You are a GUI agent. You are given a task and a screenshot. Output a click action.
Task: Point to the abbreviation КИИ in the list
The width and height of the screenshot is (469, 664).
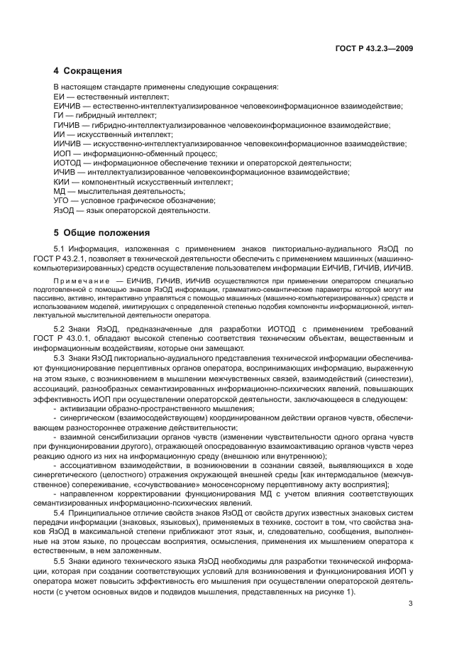click(x=61, y=183)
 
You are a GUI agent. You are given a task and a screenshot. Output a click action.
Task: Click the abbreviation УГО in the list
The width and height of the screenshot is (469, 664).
click(x=62, y=202)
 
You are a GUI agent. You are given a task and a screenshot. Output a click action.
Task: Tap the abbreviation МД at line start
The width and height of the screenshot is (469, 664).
click(x=60, y=192)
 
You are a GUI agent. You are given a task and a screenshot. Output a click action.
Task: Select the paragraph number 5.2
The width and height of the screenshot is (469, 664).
click(x=70, y=330)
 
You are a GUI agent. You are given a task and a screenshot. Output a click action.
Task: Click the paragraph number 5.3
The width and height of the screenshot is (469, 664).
click(x=70, y=358)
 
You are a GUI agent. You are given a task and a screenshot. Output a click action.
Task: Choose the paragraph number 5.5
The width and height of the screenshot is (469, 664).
click(x=70, y=560)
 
